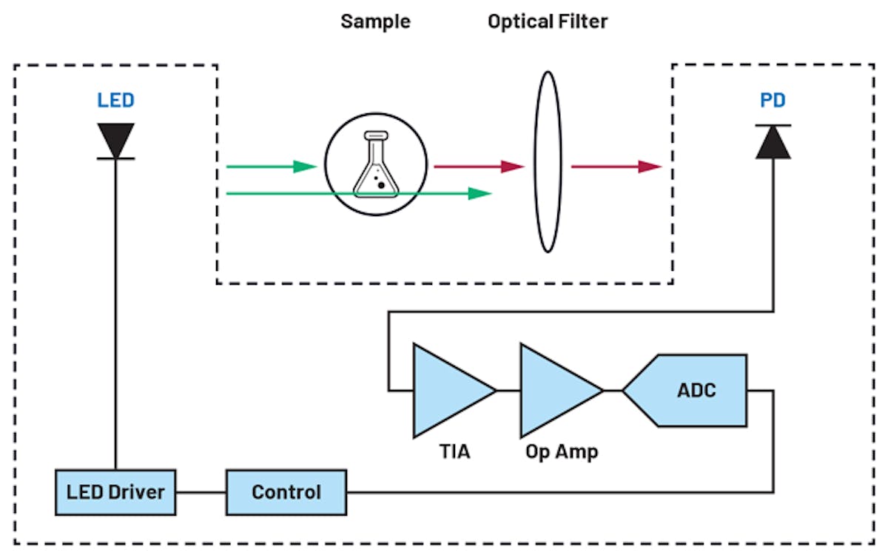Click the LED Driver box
pos(115,492)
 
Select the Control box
pos(286,492)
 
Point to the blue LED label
pos(115,100)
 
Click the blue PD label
pos(773,100)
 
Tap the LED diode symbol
pos(116,141)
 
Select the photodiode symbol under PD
pos(773,142)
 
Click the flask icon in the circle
pos(375,166)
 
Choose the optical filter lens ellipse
pos(548,162)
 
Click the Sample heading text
pos(375,21)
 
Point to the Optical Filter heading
pos(548,21)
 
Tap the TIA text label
pos(454,451)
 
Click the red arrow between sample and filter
pos(478,167)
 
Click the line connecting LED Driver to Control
pos(201,492)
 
